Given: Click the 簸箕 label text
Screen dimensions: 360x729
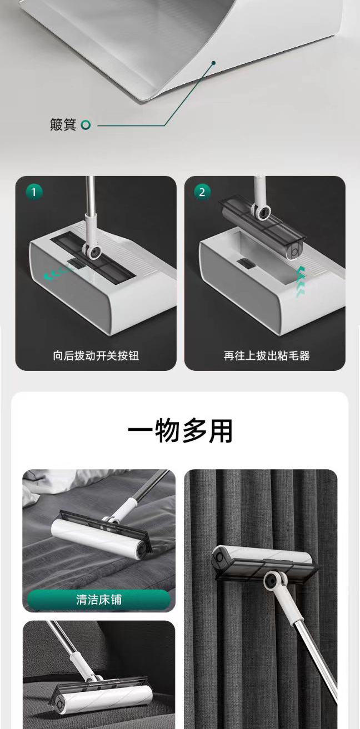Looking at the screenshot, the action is click(63, 124).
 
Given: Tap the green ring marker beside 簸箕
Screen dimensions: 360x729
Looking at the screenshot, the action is click(86, 125).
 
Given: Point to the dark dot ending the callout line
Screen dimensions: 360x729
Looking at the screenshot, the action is click(214, 63).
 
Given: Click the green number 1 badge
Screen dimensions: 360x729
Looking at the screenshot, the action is click(34, 192).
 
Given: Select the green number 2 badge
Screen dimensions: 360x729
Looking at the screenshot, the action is click(202, 192).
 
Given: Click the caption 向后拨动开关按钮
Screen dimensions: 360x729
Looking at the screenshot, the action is click(96, 355).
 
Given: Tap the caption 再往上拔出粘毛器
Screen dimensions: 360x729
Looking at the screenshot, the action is click(267, 355).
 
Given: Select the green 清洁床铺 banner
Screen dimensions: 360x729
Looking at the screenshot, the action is click(99, 600).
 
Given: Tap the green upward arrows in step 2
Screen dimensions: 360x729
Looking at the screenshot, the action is click(301, 281).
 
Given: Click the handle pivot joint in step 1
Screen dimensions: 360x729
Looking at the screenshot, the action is click(93, 251).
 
